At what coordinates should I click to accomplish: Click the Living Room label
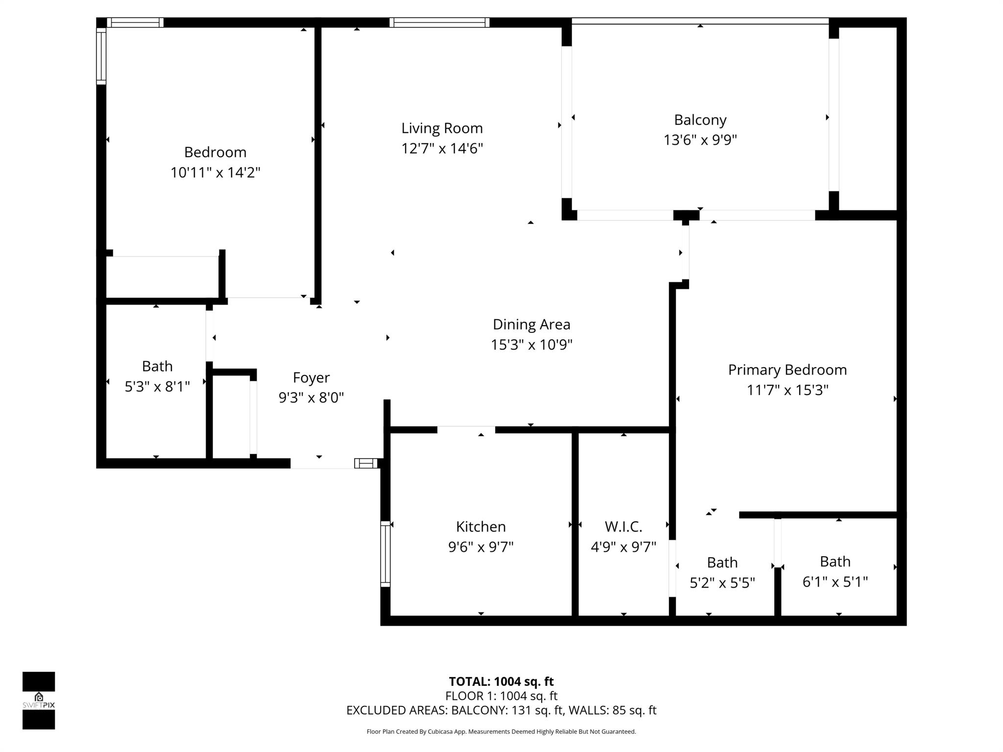(442, 128)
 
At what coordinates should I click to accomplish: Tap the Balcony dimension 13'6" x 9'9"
(700, 141)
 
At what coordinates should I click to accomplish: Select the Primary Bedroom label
(787, 370)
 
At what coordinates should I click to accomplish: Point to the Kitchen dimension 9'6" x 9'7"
(480, 547)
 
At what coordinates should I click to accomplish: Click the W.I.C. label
(623, 527)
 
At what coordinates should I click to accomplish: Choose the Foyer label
(311, 377)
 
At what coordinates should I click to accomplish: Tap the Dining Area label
(531, 325)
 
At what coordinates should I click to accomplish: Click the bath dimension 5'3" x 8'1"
(157, 387)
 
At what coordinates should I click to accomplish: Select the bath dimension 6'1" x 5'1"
(835, 582)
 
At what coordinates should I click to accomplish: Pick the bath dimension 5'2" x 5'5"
(722, 583)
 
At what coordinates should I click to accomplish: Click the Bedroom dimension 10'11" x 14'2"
(215, 173)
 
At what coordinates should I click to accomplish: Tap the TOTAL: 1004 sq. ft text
(501, 681)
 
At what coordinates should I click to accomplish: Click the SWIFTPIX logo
(39, 701)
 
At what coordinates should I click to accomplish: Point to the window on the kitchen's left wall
(385, 554)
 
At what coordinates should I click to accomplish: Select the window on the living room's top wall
(439, 23)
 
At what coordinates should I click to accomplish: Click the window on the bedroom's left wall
(101, 56)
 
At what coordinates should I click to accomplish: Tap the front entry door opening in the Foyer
(322, 463)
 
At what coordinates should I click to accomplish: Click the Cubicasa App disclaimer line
(501, 732)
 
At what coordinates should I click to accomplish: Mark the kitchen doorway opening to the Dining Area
(466, 430)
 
